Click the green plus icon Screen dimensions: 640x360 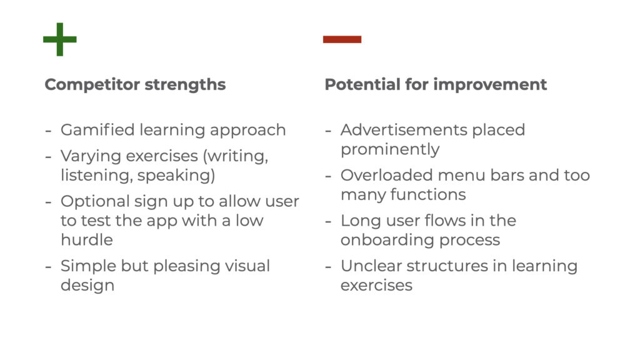point(60,39)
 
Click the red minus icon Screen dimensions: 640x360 point(342,39)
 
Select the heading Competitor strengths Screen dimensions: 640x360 point(135,84)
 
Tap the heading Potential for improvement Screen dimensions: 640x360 point(436,84)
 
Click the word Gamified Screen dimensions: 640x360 point(97,130)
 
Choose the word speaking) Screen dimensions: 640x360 point(176,176)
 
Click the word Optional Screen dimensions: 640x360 point(95,201)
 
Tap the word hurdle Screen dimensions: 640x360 point(86,239)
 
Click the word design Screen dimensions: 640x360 point(87,285)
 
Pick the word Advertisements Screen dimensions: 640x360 point(404,130)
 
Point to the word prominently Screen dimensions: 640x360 point(390,149)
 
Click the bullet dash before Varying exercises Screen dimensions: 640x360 point(48,157)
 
